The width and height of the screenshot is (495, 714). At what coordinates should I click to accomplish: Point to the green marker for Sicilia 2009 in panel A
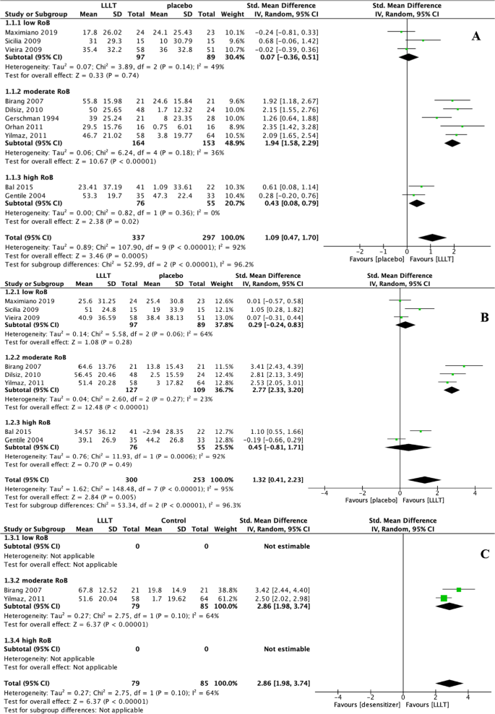423,40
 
